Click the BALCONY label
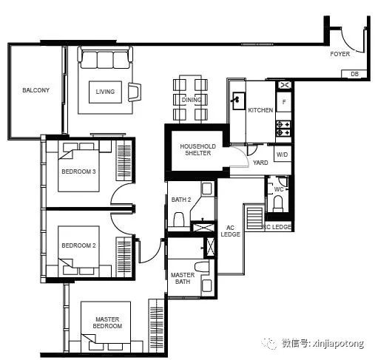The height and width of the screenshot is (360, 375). [x=36, y=90]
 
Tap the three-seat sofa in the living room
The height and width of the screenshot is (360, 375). [x=105, y=58]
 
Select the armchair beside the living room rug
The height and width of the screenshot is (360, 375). [x=135, y=92]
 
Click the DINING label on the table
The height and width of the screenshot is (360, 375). [x=192, y=100]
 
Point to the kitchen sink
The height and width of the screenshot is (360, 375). [x=239, y=101]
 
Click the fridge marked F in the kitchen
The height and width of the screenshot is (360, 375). [x=284, y=102]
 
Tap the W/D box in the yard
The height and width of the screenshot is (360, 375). [x=283, y=154]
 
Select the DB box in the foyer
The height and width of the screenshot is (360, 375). [x=354, y=74]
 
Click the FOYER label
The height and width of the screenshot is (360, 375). [x=340, y=54]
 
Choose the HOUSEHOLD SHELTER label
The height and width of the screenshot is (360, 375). [x=197, y=149]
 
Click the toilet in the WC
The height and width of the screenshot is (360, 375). [x=278, y=203]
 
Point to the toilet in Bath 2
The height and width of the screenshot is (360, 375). [x=179, y=220]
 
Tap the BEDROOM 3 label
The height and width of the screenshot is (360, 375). [x=78, y=171]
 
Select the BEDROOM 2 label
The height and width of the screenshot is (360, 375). [x=78, y=245]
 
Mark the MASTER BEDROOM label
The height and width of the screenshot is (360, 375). [x=107, y=322]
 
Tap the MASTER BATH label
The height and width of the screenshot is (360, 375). [x=183, y=278]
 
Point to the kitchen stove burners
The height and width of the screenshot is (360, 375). [x=283, y=129]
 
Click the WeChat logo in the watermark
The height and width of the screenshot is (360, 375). [x=269, y=343]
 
